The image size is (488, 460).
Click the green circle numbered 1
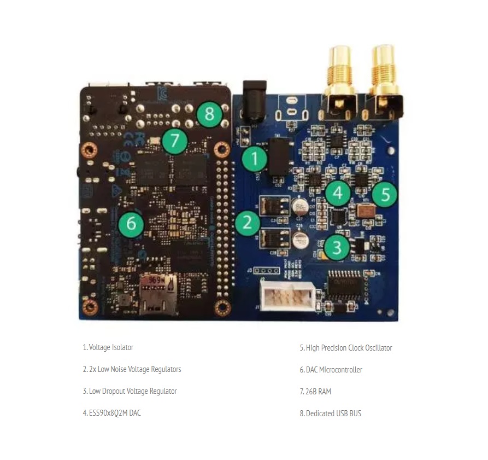[x=254, y=160]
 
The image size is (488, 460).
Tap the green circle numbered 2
[x=248, y=222]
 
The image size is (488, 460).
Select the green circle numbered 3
[x=337, y=248]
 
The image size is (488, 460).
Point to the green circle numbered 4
[x=338, y=193]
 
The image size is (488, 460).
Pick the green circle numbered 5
[x=385, y=195]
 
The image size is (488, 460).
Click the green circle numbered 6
[x=131, y=224]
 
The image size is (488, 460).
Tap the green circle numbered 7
[x=174, y=141]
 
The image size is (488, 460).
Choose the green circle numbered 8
[x=210, y=114]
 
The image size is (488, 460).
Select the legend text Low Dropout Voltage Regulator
[x=132, y=391]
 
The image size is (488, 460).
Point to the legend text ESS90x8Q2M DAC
[x=115, y=413]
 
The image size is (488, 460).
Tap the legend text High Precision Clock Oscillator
[x=349, y=348]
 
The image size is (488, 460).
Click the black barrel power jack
[x=254, y=102]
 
